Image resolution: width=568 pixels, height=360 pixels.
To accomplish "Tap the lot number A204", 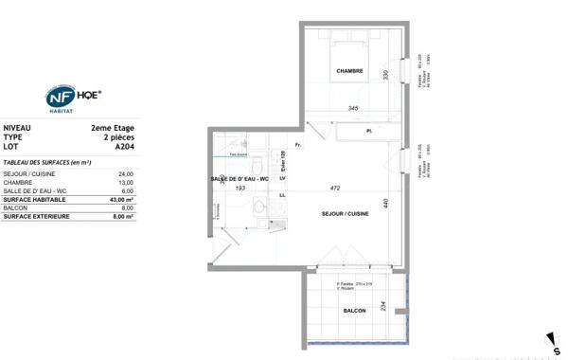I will [x=124, y=147].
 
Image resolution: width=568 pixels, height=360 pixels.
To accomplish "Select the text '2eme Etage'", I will [x=113, y=127].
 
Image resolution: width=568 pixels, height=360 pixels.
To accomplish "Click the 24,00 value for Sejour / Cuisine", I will [x=125, y=174].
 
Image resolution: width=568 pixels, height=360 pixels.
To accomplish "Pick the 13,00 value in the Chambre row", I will [x=125, y=183].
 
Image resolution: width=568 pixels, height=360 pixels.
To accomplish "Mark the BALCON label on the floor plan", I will [x=354, y=310].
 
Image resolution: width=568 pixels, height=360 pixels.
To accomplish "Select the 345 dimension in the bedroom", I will [x=352, y=109].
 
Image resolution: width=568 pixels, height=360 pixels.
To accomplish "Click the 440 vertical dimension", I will [x=386, y=202].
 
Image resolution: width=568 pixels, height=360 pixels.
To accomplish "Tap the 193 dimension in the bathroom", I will [x=240, y=189].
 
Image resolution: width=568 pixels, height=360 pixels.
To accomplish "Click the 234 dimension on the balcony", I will [x=382, y=305].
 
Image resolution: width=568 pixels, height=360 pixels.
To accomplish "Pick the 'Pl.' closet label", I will [x=369, y=130].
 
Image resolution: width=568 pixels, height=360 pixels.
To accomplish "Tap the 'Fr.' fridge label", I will [x=297, y=145].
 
